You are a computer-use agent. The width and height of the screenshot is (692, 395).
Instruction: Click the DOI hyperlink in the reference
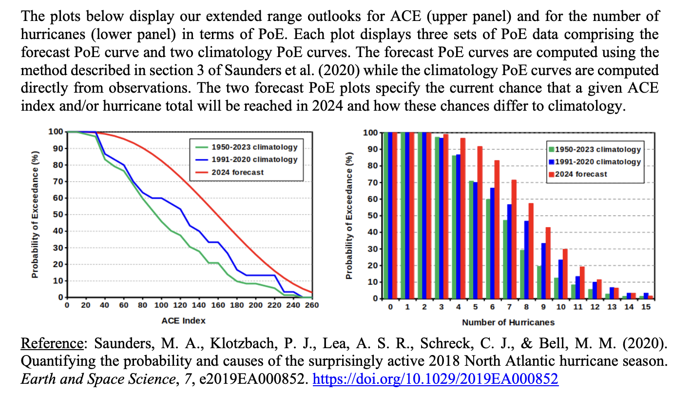pyautogui.click(x=435, y=379)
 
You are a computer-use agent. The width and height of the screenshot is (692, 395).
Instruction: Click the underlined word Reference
pyautogui.click(x=52, y=343)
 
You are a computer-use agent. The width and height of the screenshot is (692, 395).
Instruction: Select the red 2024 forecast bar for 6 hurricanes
pyautogui.click(x=497, y=229)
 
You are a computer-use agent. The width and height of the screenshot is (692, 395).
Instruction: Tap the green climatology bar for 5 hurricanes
pyautogui.click(x=471, y=240)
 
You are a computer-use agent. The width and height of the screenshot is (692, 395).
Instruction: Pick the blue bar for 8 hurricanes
pyautogui.click(x=526, y=259)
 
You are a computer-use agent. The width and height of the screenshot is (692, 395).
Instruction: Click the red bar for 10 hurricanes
pyautogui.click(x=565, y=274)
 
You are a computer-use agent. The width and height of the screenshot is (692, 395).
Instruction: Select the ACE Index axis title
pyautogui.click(x=184, y=321)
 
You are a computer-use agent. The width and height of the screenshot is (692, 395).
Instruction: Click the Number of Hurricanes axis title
pyautogui.click(x=508, y=323)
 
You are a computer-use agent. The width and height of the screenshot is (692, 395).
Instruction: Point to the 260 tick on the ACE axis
pyautogui.click(x=312, y=305)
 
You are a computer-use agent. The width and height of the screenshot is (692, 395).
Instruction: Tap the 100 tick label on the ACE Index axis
pyautogui.click(x=161, y=305)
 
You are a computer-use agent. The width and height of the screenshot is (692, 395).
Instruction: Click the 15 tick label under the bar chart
pyautogui.click(x=646, y=307)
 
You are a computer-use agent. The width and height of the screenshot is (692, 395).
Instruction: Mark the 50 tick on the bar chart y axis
pyautogui.click(x=373, y=216)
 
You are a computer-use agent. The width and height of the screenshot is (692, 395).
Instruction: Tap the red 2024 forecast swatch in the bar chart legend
pyautogui.click(x=551, y=174)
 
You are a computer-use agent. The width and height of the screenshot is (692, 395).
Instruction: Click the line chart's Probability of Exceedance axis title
pyautogui.click(x=35, y=215)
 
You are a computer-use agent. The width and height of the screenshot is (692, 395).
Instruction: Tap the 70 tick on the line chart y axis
pyautogui.click(x=58, y=181)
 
